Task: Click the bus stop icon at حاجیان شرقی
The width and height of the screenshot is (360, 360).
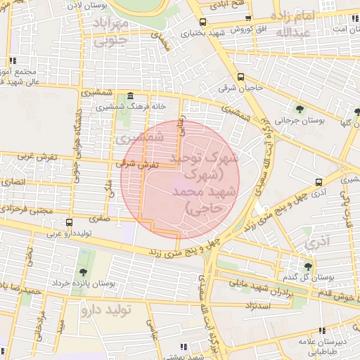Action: tap(241, 77)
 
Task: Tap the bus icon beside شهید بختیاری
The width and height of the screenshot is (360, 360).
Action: tap(203, 22)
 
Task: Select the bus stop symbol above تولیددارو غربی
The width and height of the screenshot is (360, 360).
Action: tap(68, 222)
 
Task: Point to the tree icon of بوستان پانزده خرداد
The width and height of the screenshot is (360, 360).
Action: tap(83, 271)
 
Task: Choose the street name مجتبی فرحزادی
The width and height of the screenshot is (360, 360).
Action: tap(26, 210)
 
